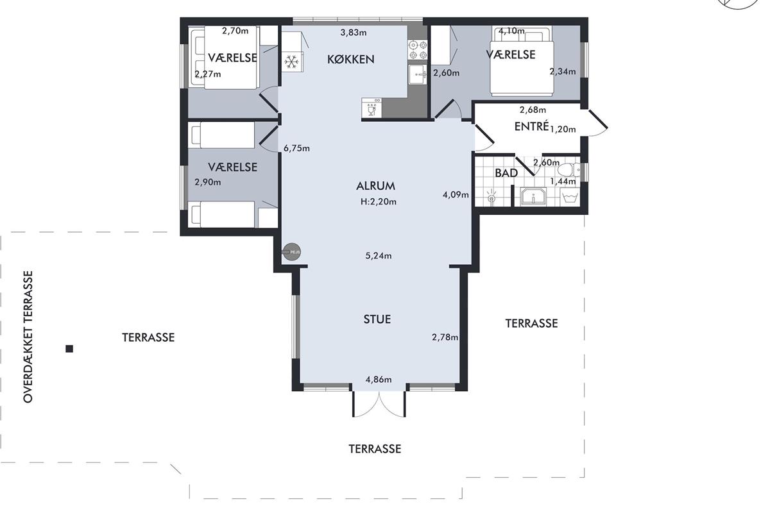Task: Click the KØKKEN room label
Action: click(x=350, y=60)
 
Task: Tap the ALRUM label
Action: click(x=376, y=186)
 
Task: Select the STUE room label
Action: click(x=377, y=319)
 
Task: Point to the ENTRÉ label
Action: click(x=531, y=126)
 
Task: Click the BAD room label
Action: click(x=506, y=173)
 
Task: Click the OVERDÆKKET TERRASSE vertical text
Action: click(x=28, y=337)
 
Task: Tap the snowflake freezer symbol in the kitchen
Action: click(x=292, y=62)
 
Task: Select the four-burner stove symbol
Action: click(x=418, y=50)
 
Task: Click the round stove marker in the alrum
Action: click(x=292, y=252)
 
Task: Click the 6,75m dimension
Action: click(x=296, y=148)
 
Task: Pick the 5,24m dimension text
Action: click(x=378, y=256)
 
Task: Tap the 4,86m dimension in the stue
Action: click(x=378, y=380)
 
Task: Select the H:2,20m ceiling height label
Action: click(x=378, y=202)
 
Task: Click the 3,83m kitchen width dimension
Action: click(x=354, y=33)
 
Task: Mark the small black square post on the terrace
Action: click(x=69, y=349)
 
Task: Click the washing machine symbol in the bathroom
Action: click(x=570, y=198)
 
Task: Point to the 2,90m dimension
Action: click(x=208, y=182)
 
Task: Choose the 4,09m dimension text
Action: click(x=456, y=195)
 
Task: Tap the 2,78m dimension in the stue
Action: click(x=445, y=337)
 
